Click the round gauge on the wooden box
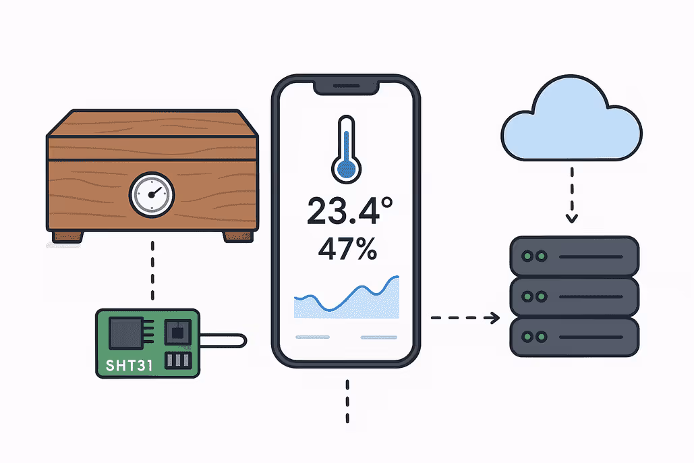coord(152,194)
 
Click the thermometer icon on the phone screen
coord(346,148)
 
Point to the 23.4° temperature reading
coord(345,211)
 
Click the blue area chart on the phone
coord(347,300)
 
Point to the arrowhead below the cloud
coord(572,217)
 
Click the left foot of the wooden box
coord(69,237)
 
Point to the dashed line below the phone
coord(347,402)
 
